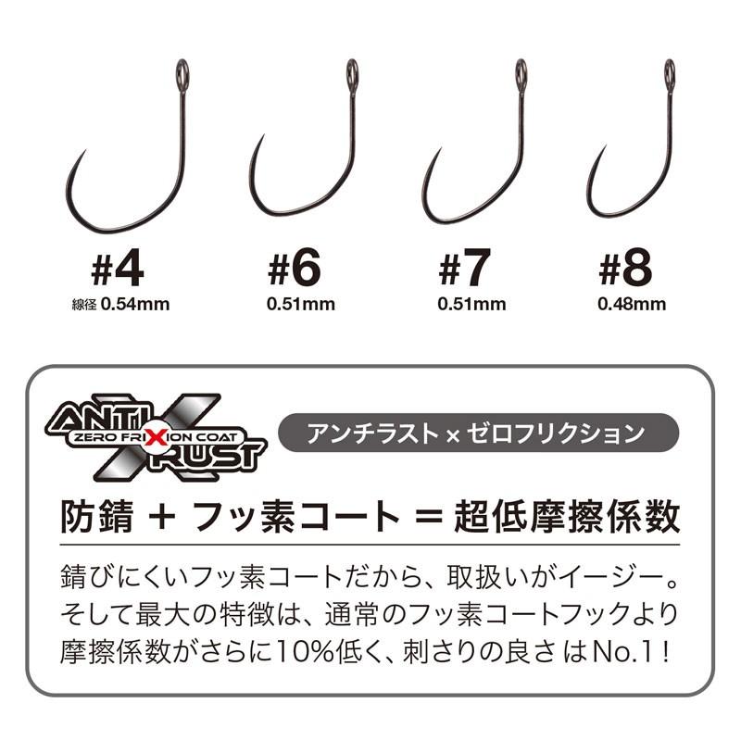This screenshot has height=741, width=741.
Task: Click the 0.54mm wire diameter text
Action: pos(135,303)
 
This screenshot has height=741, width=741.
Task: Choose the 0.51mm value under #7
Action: pos(467,303)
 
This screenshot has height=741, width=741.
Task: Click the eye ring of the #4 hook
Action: pos(182,69)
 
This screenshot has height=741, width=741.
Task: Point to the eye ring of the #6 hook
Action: pos(353,69)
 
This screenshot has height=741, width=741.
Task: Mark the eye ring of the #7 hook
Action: pos(521,69)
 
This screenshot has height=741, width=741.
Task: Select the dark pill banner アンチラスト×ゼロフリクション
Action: pos(480,433)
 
